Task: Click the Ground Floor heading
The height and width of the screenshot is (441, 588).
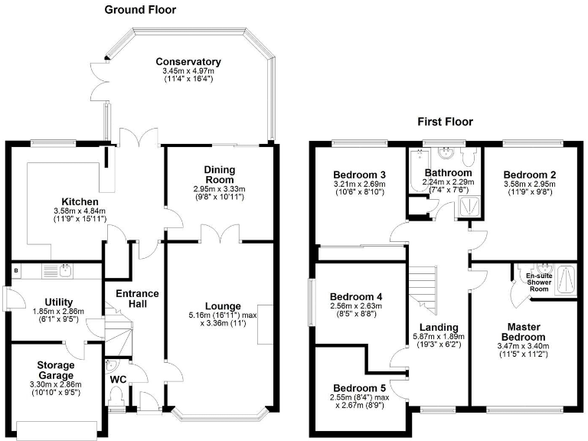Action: click(140, 10)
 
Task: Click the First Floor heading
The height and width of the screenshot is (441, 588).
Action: click(445, 122)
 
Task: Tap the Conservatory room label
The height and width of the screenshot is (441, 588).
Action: click(188, 62)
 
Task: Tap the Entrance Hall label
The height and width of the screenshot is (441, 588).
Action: click(137, 299)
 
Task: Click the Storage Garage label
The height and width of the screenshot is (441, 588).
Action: click(57, 371)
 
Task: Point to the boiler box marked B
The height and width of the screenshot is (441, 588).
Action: click(16, 269)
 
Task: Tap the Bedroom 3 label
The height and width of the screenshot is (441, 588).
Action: click(358, 175)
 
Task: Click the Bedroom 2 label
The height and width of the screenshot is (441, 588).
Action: click(529, 175)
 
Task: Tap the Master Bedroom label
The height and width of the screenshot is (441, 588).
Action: click(523, 332)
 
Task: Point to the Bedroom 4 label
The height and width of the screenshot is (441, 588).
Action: click(355, 297)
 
